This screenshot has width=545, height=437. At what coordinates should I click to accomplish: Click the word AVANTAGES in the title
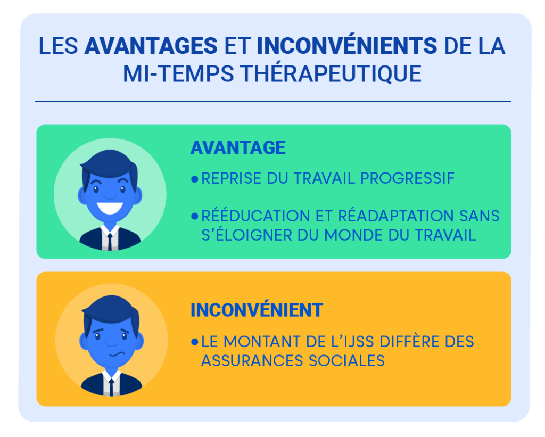(151, 46)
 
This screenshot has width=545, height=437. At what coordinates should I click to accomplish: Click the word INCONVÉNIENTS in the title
(346, 46)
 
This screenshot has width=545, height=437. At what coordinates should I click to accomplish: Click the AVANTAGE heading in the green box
(238, 147)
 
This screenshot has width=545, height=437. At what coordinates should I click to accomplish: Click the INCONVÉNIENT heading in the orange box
(257, 310)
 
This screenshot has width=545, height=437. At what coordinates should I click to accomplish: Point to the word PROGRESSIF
(408, 178)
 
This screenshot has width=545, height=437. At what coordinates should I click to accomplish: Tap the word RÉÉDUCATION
(255, 216)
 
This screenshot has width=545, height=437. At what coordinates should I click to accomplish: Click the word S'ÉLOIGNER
(245, 235)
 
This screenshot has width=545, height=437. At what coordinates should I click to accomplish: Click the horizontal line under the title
(272, 101)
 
